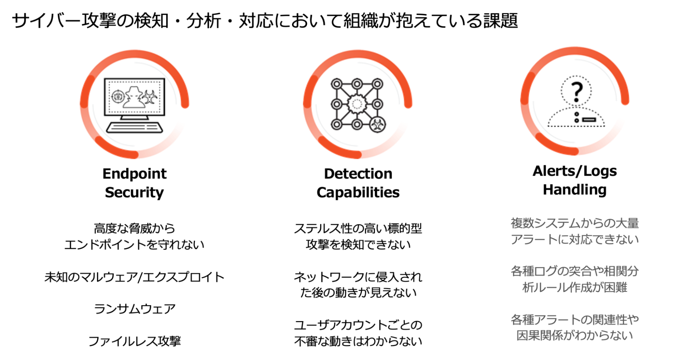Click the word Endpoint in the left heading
click(134, 174)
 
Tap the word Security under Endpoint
click(134, 192)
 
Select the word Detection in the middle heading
click(358, 174)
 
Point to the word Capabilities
click(358, 192)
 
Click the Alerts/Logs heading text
click(575, 171)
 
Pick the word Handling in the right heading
click(575, 190)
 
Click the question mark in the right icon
click(577, 91)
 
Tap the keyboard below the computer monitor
click(134, 128)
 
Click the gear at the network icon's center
click(357, 104)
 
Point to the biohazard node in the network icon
click(377, 125)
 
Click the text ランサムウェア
click(134, 309)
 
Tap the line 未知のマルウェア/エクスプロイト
click(134, 277)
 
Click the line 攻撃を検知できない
click(358, 245)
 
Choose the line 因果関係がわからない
click(575, 336)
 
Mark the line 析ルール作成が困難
click(575, 288)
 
